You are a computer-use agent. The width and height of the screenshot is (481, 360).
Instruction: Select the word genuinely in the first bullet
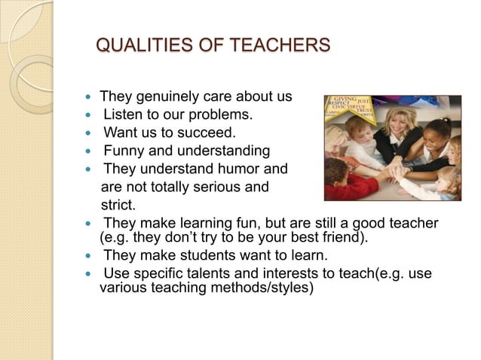[x=167, y=97]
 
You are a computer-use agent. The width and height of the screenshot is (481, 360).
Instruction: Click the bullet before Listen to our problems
[x=90, y=116]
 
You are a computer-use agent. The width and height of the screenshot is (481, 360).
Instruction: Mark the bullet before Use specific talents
[x=90, y=273]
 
